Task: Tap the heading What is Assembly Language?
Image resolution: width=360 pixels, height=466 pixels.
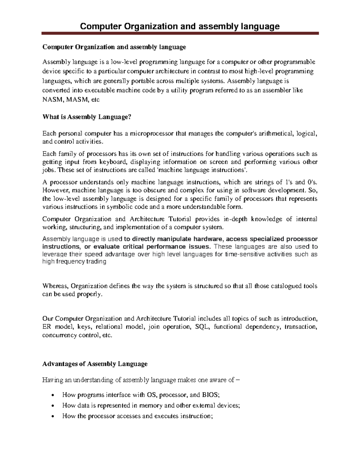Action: click(x=87, y=117)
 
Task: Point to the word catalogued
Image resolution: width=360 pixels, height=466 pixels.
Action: click(x=287, y=286)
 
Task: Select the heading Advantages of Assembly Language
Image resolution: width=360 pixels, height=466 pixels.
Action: click(x=95, y=364)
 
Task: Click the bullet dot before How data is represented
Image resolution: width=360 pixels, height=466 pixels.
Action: click(x=53, y=406)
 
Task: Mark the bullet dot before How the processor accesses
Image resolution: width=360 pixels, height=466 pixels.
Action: click(x=53, y=416)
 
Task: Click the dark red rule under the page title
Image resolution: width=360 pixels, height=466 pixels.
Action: click(x=180, y=34)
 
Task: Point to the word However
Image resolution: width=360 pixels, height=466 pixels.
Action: click(x=56, y=190)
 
